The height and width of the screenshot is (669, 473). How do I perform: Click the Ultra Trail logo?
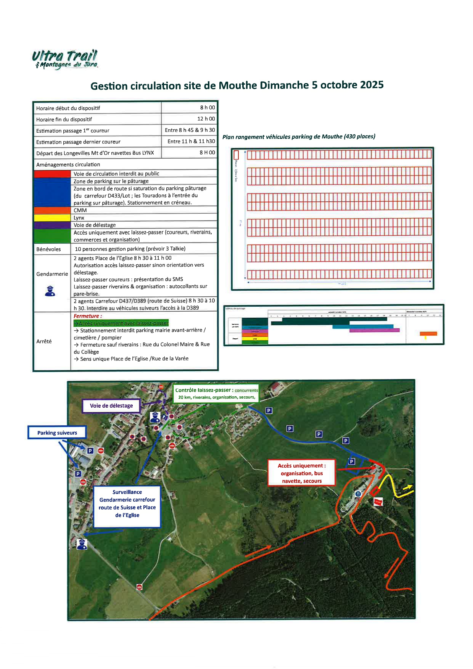click(65, 60)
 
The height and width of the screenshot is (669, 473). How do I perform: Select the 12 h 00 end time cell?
click(206, 119)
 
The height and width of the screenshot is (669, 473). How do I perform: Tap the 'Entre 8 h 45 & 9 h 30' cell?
click(190, 130)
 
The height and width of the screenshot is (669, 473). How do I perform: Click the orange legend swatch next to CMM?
click(52, 210)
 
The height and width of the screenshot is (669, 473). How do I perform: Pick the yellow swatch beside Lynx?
click(52, 218)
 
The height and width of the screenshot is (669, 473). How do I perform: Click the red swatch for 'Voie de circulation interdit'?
click(52, 174)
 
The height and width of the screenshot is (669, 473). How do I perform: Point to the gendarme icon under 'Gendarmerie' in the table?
click(50, 291)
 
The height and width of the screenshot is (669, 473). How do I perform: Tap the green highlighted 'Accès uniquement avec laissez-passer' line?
click(121, 323)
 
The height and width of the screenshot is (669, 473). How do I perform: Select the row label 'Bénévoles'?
click(48, 249)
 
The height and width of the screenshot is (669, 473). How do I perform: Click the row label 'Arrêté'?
click(44, 341)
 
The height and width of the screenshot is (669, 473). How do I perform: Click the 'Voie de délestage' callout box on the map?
click(111, 406)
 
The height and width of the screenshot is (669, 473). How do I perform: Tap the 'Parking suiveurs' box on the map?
click(57, 433)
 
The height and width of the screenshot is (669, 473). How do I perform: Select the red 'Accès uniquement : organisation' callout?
click(301, 473)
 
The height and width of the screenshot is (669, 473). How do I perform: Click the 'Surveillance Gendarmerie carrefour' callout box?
click(127, 503)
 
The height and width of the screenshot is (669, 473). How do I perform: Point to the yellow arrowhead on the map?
click(409, 487)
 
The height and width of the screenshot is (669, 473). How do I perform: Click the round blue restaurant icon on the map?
click(358, 494)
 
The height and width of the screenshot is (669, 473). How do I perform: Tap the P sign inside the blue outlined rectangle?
click(352, 462)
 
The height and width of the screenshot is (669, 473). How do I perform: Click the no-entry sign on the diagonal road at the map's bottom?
click(140, 587)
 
